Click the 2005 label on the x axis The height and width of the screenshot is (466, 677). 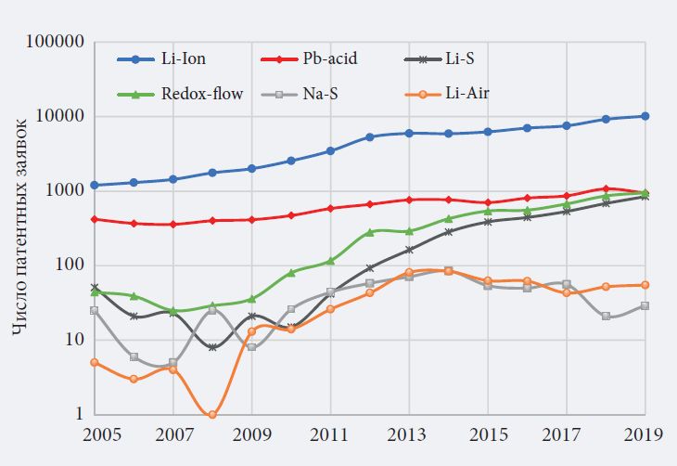pos(96,434)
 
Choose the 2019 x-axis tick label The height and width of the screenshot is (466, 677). pos(645,434)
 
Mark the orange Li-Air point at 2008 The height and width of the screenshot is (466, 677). pos(212,414)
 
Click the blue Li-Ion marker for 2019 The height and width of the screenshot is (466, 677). pos(645,116)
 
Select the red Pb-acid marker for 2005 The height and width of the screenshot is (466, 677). pos(96,219)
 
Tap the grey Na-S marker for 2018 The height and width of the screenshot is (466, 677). pos(606,317)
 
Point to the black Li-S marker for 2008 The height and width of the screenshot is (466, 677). pos(212,346)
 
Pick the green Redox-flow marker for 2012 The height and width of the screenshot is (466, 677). pos(369,233)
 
